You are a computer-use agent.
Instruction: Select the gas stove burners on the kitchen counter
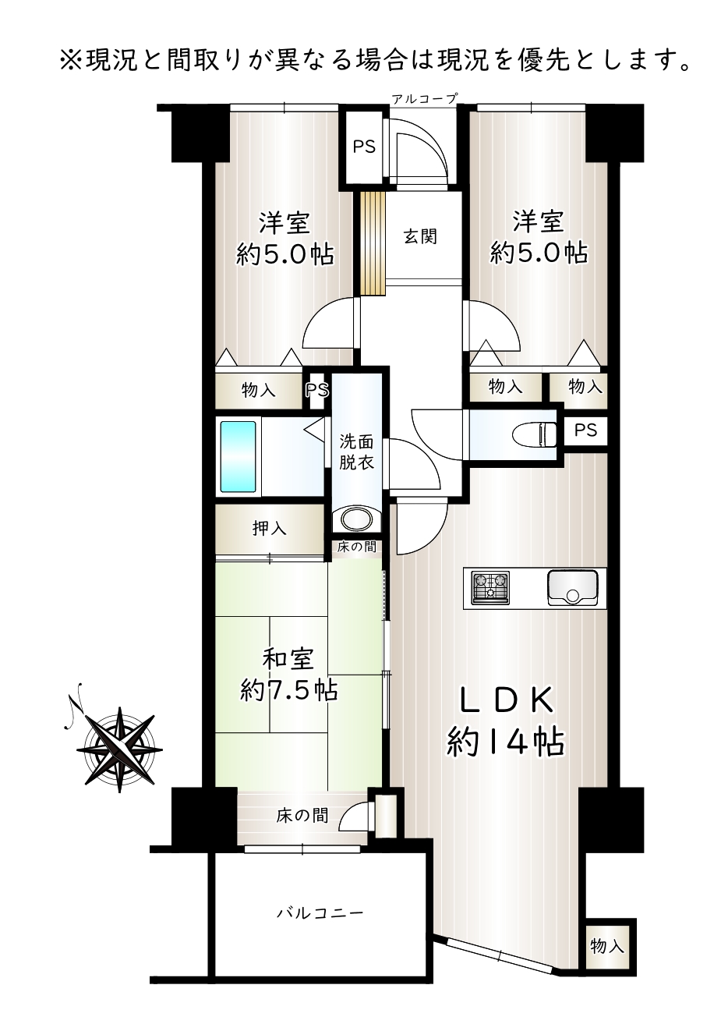490,587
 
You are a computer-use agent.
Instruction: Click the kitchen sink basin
572,588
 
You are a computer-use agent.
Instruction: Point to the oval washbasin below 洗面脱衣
356,519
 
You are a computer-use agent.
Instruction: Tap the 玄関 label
420,236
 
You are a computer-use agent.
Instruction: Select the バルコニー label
320,912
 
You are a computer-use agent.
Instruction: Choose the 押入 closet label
270,528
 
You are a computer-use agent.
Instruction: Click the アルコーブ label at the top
425,98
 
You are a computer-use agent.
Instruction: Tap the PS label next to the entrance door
364,147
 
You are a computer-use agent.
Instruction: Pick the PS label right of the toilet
585,430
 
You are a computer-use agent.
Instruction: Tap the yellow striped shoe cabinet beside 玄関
373,243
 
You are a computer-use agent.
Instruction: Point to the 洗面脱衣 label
356,452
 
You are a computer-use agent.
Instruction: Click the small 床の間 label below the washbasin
356,547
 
